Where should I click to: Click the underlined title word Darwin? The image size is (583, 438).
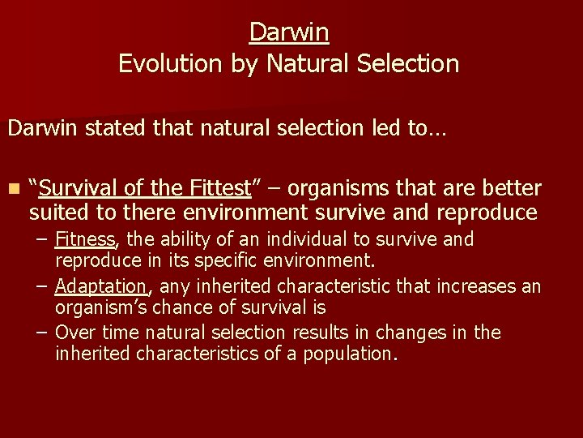(289, 32)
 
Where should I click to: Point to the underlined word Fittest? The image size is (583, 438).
(219, 189)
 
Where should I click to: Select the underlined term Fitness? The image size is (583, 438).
(86, 240)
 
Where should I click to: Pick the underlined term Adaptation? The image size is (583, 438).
(101, 286)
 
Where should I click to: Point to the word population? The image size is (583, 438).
(353, 354)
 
